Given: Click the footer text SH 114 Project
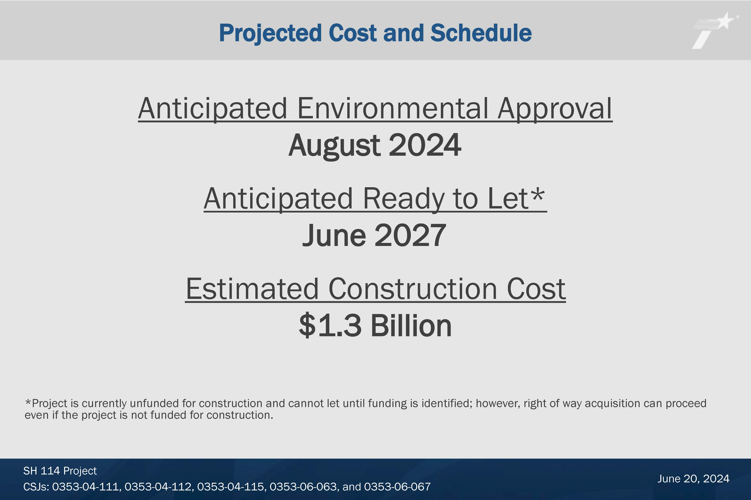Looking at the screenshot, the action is [x=60, y=471].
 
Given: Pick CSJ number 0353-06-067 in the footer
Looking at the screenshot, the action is [x=397, y=487].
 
